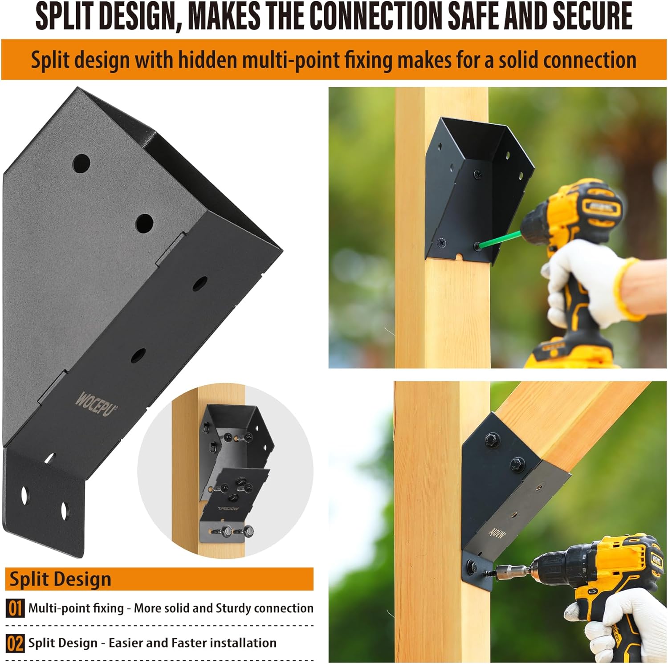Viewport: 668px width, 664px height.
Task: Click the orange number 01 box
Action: (x=15, y=608)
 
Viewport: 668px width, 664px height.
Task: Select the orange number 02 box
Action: (x=15, y=643)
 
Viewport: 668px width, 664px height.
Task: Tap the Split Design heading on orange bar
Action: (x=61, y=579)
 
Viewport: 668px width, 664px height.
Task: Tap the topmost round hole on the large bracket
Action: (x=81, y=164)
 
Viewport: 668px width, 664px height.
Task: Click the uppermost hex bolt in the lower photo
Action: (x=492, y=440)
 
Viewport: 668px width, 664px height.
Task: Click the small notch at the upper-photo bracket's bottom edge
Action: (x=459, y=257)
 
